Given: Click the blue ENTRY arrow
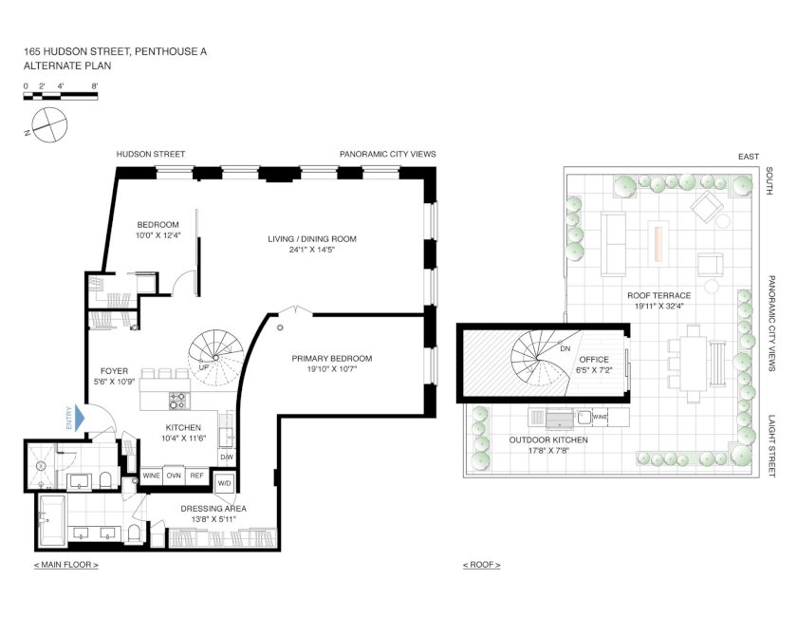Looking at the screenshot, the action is (80, 418).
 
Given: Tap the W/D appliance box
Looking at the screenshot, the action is (224, 483).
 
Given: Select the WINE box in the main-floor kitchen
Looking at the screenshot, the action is (151, 476).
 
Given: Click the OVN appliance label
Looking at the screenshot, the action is (175, 476).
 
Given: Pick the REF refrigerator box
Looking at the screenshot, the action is (197, 476).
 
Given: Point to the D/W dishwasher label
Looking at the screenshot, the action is (227, 457).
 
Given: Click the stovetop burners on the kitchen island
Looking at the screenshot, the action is (178, 401).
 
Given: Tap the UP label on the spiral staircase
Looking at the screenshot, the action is (204, 366).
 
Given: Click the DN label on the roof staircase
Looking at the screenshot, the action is (565, 349).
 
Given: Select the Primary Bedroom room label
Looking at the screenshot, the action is (332, 358).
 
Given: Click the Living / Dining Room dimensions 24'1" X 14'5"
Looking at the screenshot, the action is (311, 250).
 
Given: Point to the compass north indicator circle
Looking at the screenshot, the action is (49, 125).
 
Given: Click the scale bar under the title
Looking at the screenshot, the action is (61, 96).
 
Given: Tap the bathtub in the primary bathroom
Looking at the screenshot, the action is (52, 520).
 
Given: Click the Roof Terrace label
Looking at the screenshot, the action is (658, 295).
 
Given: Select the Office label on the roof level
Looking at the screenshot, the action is (594, 359).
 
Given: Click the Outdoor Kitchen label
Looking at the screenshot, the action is (548, 439).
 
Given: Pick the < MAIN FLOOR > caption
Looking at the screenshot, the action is (66, 565).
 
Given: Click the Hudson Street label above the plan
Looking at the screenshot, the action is (151, 154).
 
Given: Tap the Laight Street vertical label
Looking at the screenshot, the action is (771, 445).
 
